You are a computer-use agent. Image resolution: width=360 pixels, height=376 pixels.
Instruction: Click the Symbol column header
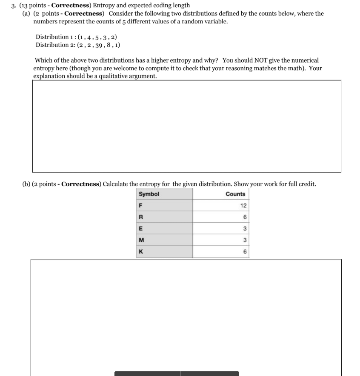[149, 194]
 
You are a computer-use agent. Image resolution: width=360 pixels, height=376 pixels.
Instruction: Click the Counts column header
[235, 194]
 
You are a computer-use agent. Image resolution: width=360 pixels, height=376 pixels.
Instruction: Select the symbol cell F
[140, 206]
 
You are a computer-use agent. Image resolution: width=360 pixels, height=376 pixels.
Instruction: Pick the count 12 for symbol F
[243, 206]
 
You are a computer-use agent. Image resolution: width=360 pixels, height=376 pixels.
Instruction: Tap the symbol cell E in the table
[140, 229]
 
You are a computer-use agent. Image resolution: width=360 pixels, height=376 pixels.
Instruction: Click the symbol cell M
[141, 240]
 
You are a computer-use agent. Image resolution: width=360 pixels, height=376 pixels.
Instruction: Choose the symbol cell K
[140, 252]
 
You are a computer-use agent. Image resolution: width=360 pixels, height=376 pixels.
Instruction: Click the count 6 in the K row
[244, 252]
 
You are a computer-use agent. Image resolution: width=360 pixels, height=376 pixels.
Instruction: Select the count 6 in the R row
[244, 217]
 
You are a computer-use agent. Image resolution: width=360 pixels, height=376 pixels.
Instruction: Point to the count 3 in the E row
[244, 229]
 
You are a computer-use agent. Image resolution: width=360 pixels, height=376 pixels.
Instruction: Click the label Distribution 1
[54, 37]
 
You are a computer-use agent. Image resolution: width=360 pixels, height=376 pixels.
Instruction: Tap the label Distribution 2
[54, 45]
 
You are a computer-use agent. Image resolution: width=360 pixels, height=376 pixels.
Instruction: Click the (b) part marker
[26, 184]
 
